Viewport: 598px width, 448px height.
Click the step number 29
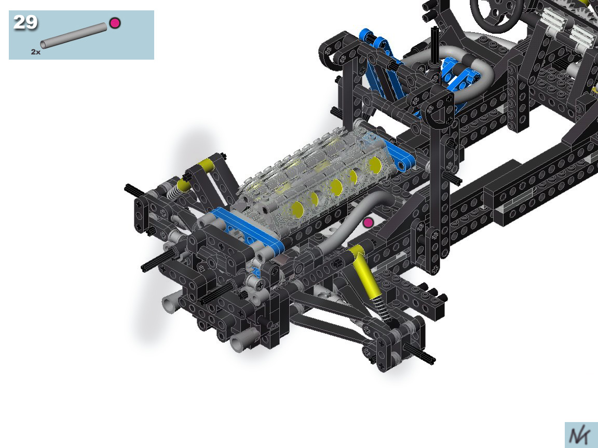25,22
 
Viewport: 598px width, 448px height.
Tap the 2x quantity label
35,52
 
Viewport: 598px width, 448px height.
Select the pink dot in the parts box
115,23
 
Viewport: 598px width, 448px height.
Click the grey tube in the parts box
74,35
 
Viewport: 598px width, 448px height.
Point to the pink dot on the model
368,223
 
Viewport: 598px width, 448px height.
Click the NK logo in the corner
581,435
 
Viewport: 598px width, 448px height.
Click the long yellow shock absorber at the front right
366,271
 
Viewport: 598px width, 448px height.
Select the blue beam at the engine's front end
248,230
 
